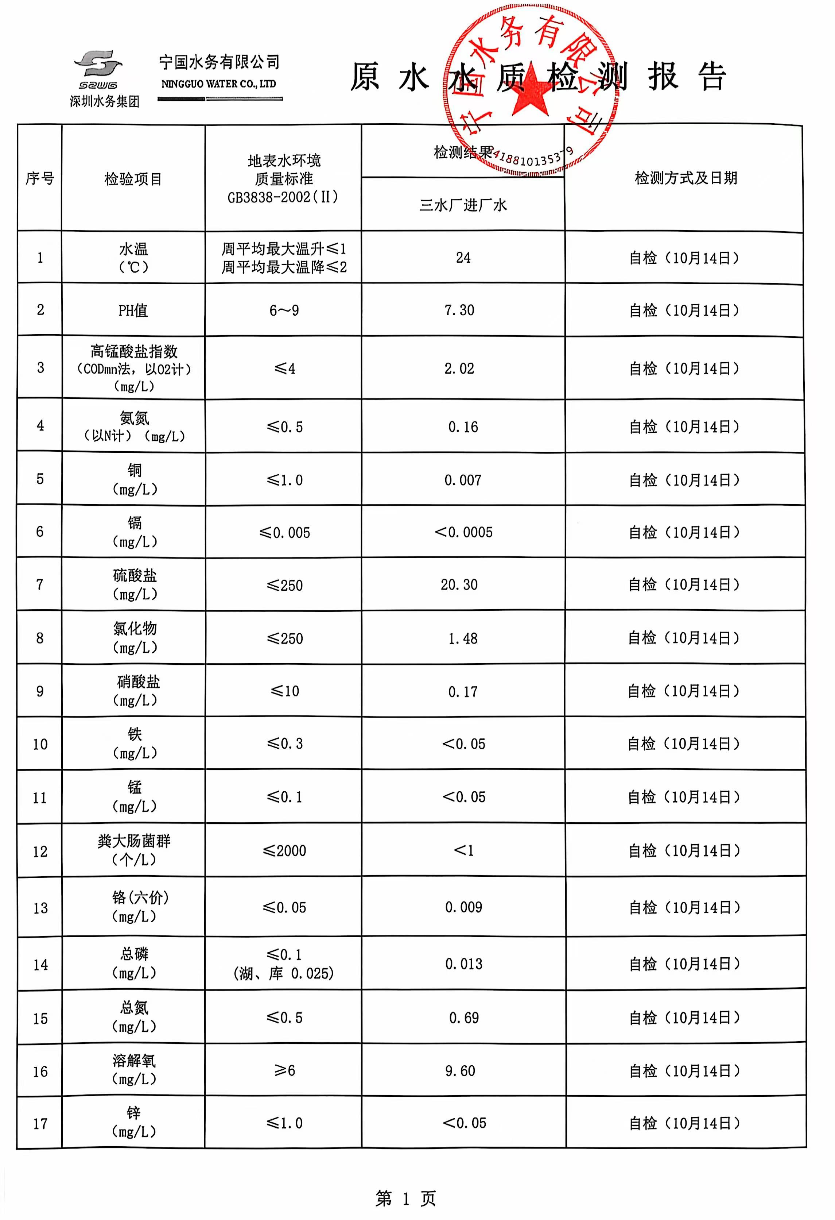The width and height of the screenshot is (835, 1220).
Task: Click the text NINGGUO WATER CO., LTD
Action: point(218,84)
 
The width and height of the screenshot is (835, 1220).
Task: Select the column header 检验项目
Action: point(133,179)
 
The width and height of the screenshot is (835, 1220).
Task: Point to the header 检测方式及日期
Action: point(686,178)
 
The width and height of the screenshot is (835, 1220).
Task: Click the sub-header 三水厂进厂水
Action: point(463,205)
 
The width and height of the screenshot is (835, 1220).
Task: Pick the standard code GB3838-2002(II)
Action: point(283,197)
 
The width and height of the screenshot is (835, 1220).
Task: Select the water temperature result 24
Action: point(463,258)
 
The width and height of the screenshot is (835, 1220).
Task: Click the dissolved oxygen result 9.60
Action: point(460,1070)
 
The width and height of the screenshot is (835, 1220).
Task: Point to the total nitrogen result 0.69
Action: point(463,1018)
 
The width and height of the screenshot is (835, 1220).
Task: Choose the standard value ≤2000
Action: point(284,850)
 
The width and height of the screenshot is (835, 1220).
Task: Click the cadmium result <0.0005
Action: point(463,532)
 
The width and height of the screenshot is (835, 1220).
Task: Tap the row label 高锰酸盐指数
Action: point(134,351)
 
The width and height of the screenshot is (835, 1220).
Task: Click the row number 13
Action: point(40,908)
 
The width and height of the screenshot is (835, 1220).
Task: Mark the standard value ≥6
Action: point(284,1070)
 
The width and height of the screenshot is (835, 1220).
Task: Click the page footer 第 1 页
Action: point(406,1198)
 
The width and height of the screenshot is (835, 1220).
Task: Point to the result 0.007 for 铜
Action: point(463,480)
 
